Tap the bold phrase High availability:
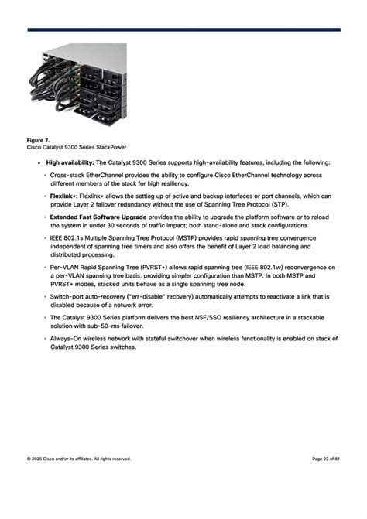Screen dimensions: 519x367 tap(70, 162)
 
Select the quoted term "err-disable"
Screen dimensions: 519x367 tap(135, 296)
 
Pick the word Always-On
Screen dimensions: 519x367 tap(68, 339)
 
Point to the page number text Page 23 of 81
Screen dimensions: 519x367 tap(325, 459)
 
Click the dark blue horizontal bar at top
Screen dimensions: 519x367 tap(183, 30)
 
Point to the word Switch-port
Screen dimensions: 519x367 tap(68, 296)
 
